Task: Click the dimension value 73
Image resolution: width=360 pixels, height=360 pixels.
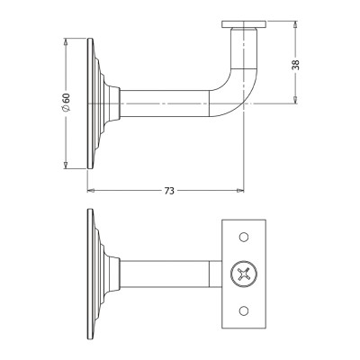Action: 169,191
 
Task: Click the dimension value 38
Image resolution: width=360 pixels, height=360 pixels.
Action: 295,65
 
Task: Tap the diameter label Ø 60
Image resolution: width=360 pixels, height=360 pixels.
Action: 66,103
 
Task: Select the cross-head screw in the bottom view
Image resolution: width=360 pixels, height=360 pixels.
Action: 244,274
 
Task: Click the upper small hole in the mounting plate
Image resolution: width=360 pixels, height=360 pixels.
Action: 244,237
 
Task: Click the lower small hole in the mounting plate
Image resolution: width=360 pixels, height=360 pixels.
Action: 244,310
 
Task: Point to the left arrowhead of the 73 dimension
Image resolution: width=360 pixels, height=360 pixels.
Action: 91,191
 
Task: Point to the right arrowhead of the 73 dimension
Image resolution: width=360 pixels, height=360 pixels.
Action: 240,191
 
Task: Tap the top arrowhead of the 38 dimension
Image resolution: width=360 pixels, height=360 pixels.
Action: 295,24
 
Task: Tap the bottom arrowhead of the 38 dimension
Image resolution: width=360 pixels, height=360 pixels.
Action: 295,100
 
